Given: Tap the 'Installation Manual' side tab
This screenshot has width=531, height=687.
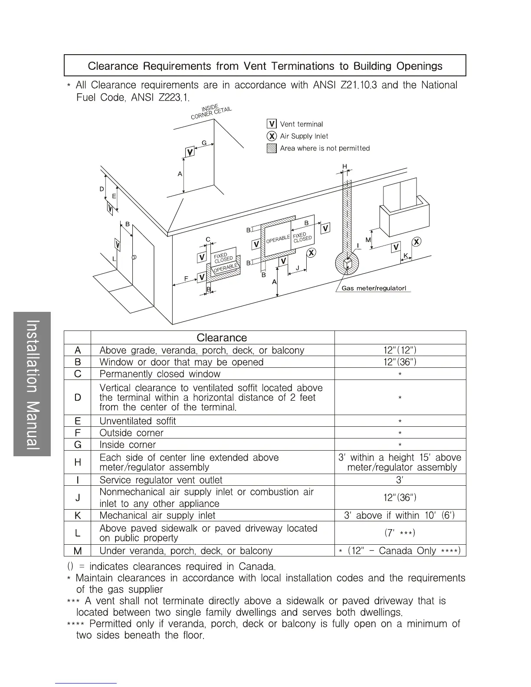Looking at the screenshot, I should click(33, 384).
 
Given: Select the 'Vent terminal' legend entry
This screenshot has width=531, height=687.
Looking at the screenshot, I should click(301, 124).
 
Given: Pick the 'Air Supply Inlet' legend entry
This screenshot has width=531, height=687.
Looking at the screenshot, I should click(304, 136).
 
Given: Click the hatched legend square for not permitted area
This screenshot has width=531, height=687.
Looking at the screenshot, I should click(272, 148).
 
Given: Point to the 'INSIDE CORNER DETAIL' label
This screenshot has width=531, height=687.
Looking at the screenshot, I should click(212, 111).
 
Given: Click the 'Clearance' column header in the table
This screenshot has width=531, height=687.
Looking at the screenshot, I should click(221, 338).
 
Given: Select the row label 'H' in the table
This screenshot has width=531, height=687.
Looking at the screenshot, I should click(78, 462).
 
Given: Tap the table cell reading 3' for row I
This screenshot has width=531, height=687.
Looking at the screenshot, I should click(400, 480).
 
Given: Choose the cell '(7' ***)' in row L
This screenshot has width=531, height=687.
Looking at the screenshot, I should click(400, 533).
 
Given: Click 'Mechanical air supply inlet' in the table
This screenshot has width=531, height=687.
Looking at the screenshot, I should click(157, 516).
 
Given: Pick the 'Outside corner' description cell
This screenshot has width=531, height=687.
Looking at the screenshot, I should click(131, 433).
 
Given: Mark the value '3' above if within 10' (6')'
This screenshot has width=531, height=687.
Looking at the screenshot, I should click(399, 516).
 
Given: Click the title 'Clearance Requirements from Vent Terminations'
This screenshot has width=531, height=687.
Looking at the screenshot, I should click(265, 66).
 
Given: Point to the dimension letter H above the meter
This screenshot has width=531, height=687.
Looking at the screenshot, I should click(345, 167).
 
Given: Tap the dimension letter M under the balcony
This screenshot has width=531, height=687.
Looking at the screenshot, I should click(368, 240).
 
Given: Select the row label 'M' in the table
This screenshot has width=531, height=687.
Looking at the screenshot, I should click(78, 551).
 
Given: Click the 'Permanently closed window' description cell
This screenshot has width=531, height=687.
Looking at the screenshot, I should click(160, 374).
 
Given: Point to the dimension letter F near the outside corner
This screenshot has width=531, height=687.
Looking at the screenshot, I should click(186, 279).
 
